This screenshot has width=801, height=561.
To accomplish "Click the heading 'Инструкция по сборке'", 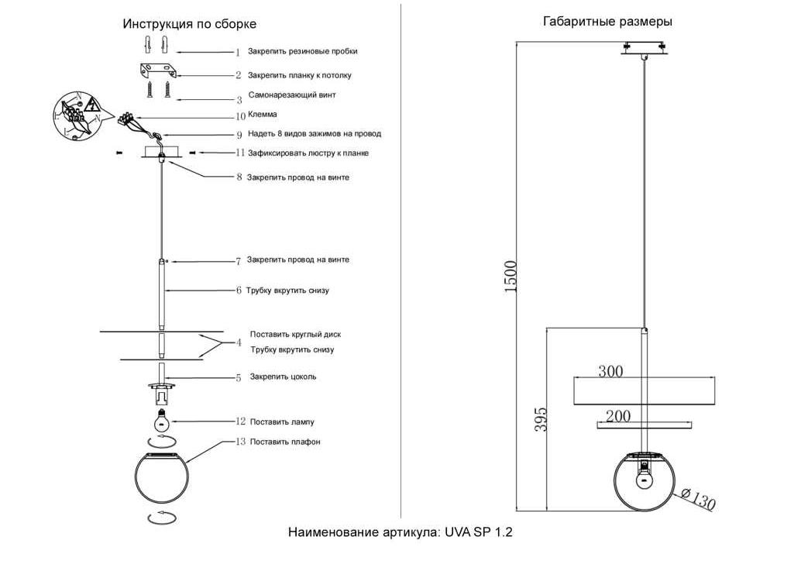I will click(189, 25).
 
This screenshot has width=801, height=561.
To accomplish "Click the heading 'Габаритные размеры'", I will click(607, 22).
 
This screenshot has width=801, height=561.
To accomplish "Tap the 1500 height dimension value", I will click(511, 276).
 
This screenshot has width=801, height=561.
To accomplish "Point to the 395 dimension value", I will click(541, 418).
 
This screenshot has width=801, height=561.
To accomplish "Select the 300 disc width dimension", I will click(610, 371).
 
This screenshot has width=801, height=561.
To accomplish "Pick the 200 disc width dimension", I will click(617, 417).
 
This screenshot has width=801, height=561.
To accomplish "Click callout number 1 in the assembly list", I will click(239, 53).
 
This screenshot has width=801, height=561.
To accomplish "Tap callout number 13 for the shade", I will click(240, 442).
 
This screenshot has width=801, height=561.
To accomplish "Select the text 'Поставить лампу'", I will click(281, 422).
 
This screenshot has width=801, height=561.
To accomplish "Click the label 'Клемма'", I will click(262, 115).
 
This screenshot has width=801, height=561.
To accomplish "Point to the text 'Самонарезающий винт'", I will click(292, 95).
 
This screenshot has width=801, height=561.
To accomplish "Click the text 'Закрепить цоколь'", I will click(283, 377).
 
